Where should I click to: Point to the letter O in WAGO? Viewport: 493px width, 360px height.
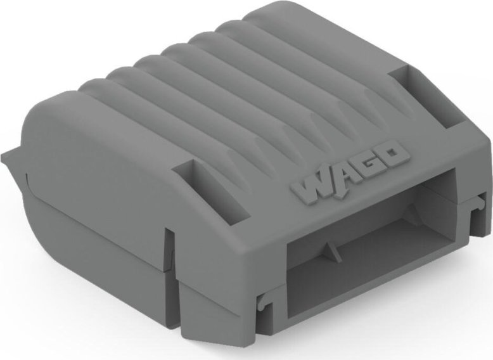392,153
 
